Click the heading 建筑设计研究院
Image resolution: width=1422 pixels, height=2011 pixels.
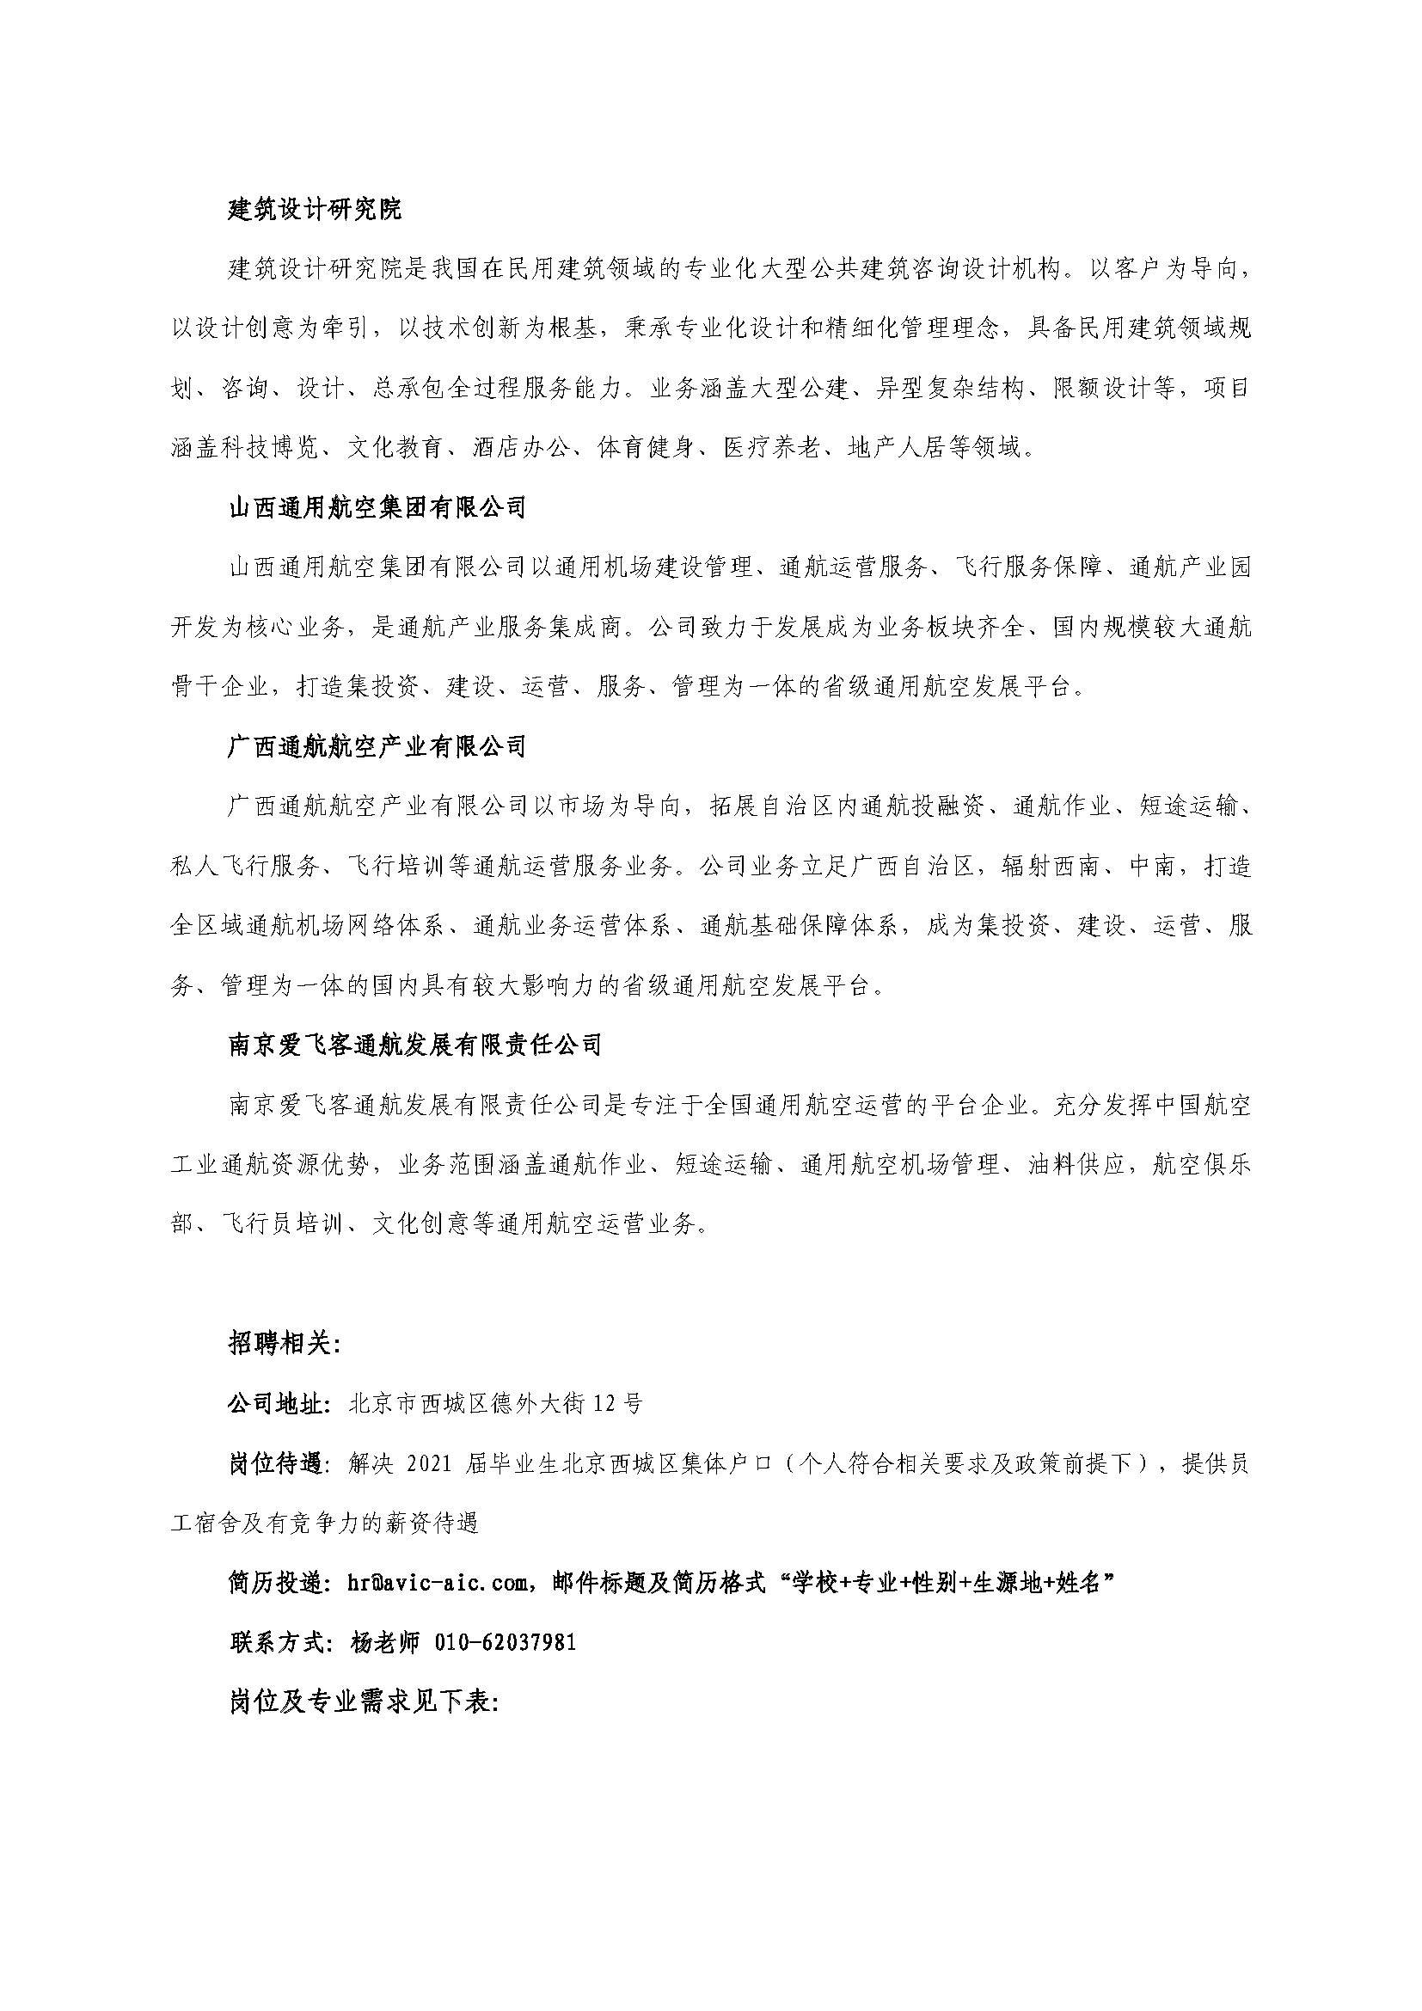coord(315,209)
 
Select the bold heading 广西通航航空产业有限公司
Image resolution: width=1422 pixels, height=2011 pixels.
coord(377,746)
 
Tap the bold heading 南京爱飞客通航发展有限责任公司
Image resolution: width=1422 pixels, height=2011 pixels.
coord(415,1045)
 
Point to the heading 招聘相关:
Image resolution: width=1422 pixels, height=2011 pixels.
coord(285,1345)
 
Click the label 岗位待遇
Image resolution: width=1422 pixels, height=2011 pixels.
coord(277,1463)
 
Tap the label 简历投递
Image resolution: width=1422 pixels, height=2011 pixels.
coord(277,1583)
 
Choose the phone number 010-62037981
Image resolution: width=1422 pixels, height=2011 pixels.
coord(506,1642)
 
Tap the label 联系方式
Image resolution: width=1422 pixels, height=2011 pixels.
coord(277,1642)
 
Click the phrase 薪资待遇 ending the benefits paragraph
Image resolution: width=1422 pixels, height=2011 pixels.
coord(430,1524)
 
